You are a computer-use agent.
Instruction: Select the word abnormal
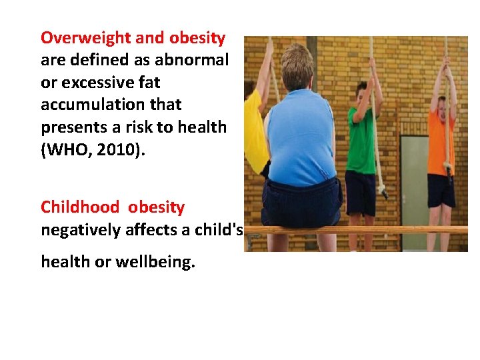pyautogui.click(x=191, y=61)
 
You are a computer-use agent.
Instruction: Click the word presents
pyautogui.click(x=69, y=127)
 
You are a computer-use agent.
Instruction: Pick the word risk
pyautogui.click(x=145, y=127)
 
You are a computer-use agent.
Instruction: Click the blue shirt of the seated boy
pyautogui.click(x=301, y=137)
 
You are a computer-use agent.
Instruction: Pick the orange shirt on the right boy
pyautogui.click(x=441, y=143)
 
